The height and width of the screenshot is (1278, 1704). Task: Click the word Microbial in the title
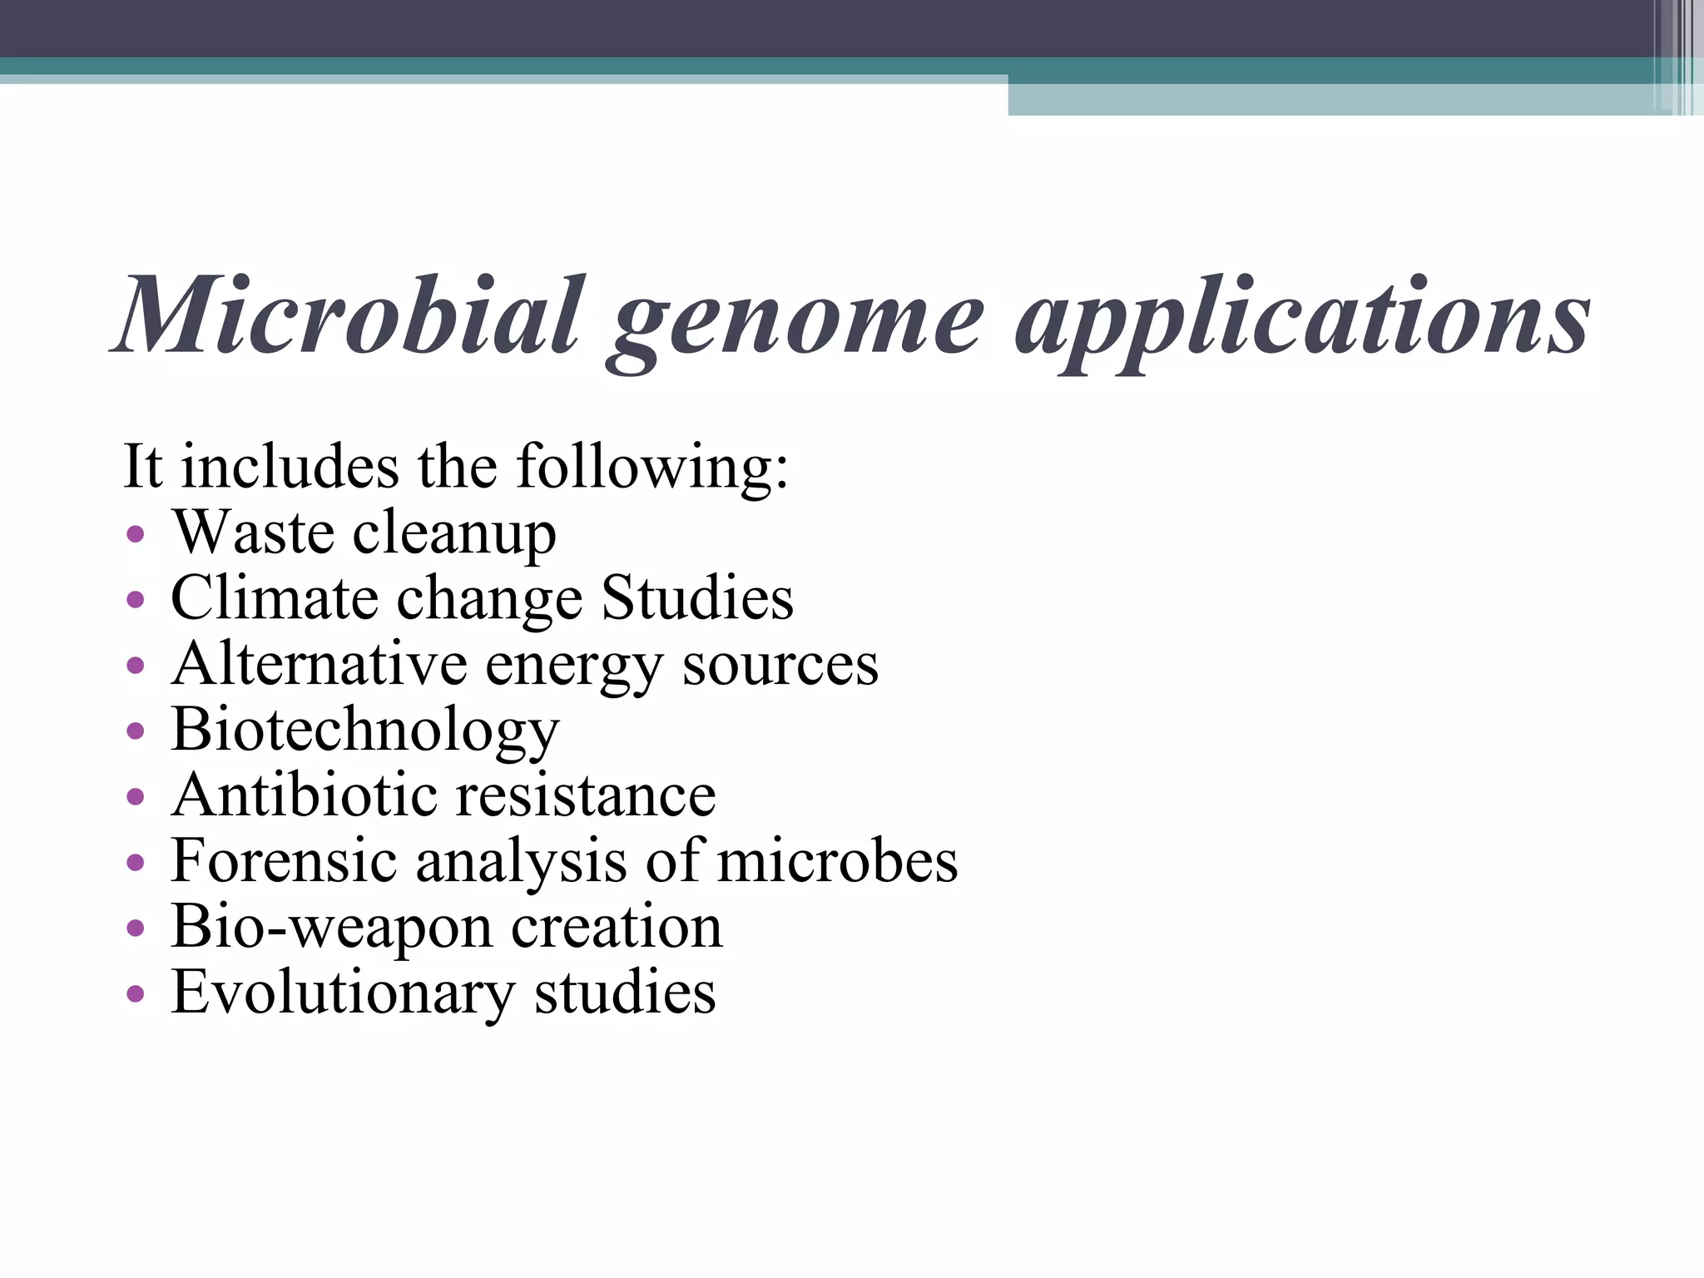349,316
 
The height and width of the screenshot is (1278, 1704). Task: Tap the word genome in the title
798,320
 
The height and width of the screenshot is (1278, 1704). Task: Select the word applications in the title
1302,320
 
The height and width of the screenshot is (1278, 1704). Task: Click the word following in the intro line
652,468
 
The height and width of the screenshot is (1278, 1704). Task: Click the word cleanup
454,535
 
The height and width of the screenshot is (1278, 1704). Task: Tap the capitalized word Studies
697,598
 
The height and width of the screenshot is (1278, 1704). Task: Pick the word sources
780,666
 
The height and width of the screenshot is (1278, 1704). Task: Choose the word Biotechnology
365,731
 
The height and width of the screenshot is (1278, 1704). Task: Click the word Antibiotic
305,795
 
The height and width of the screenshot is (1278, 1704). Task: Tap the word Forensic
284,861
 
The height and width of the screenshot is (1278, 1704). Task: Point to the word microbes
837,861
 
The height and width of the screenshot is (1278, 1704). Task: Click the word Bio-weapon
331,928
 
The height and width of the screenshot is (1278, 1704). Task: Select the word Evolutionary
343,993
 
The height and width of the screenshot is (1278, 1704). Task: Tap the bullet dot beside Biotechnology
136,731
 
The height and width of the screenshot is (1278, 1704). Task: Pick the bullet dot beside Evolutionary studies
136,993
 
